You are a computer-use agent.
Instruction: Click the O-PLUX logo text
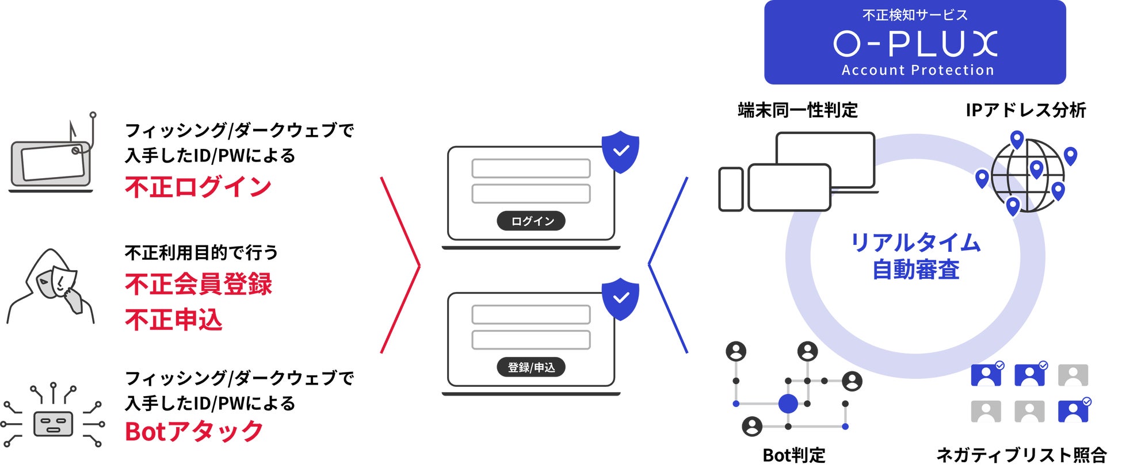pos(914,44)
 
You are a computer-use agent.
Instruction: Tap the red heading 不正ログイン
pos(198,187)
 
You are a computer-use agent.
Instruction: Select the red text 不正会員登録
pos(198,284)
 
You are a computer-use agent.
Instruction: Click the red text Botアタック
pos(194,432)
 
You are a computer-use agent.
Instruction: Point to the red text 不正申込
pos(173,320)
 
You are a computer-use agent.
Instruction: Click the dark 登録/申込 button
pos(531,367)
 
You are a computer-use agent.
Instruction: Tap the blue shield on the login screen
pos(620,152)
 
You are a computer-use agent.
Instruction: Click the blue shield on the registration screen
pos(620,298)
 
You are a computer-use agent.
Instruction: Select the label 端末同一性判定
pos(797,110)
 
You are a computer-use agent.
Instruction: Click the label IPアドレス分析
pos(1025,110)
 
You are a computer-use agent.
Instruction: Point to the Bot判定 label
pos(793,455)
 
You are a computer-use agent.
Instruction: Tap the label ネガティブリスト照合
pos(1021,455)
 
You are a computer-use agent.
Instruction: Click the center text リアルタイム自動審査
pos(915,256)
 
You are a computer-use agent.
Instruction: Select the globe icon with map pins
pos(1028,175)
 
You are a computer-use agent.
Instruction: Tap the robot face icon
pos(53,424)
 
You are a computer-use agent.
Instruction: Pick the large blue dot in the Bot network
pos(788,404)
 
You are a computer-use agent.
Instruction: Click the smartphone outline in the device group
pos(731,189)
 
